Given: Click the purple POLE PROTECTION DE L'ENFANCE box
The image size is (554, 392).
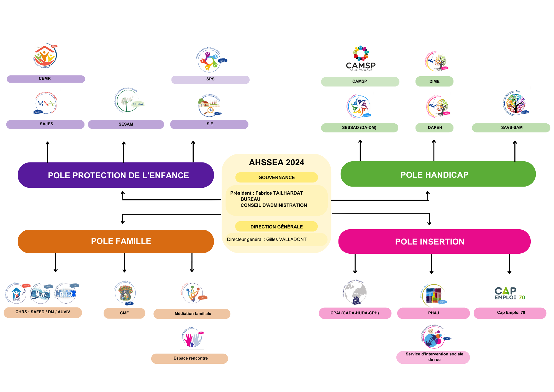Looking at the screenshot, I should click(116, 175).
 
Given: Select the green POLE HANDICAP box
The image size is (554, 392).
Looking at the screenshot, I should click(438, 174).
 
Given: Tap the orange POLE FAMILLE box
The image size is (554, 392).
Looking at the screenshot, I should click(116, 241).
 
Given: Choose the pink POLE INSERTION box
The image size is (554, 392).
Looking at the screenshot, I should click(434, 241).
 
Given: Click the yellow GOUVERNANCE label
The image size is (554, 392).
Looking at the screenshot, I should click(276, 177).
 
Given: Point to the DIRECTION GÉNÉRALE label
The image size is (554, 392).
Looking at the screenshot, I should click(276, 226).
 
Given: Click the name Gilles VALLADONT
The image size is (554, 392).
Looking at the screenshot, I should click(286, 239).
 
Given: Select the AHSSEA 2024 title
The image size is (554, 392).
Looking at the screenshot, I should click(276, 162).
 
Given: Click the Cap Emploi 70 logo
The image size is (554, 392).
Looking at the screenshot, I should click(510, 293).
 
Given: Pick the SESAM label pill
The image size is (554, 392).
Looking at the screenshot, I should click(126, 124).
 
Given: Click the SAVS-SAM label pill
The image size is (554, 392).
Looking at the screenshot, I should click(511, 128).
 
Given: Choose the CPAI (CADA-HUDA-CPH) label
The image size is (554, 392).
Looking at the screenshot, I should click(355, 313).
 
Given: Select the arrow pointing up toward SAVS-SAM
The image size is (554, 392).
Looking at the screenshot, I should click(515, 151).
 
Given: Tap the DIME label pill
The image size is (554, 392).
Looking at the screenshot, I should click(434, 82).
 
